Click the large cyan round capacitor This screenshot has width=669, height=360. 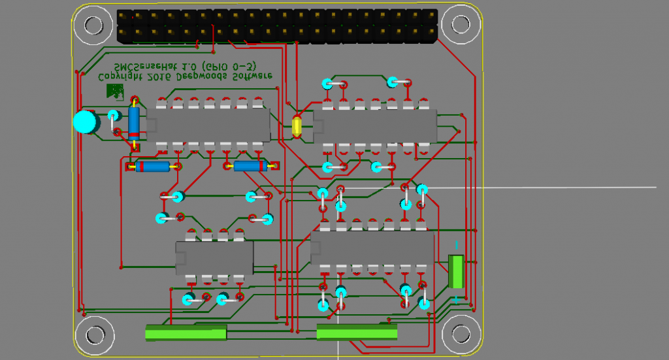(x=84, y=122)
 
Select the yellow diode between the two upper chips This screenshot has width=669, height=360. (x=297, y=125)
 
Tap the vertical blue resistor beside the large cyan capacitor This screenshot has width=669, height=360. (x=134, y=123)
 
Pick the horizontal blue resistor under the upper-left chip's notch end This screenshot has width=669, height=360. (x=152, y=167)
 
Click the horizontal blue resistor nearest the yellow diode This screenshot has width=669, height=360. (x=250, y=166)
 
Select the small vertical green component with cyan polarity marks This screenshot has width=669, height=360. (x=456, y=272)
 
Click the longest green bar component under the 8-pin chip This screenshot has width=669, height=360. (x=186, y=333)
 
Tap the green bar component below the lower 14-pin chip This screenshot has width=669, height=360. (x=357, y=332)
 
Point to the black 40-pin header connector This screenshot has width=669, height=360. (x=277, y=26)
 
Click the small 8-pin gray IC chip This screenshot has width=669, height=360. (x=214, y=257)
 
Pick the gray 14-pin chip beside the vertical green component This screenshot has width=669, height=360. (x=373, y=248)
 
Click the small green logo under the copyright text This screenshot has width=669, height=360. (x=116, y=91)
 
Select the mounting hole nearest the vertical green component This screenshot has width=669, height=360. (x=460, y=334)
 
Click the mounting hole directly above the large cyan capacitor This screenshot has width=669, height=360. (x=92, y=25)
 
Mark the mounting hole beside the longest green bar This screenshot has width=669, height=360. (x=92, y=334)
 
